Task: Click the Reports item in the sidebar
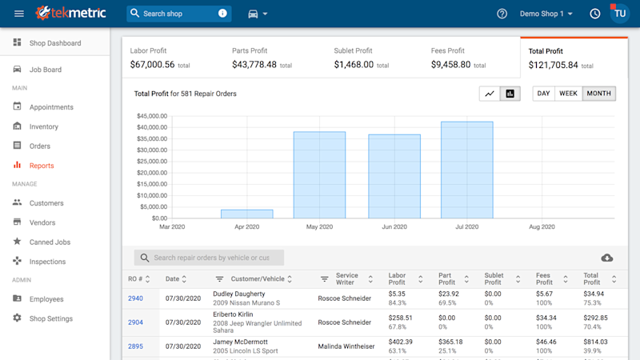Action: (41, 166)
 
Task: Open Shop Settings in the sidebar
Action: (50, 318)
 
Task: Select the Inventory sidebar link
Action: (43, 126)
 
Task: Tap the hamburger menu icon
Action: (19, 14)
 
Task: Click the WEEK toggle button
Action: (568, 94)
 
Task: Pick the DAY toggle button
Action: (544, 94)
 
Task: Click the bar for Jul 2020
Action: (466, 170)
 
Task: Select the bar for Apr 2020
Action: (246, 214)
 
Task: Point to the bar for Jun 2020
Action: (394, 176)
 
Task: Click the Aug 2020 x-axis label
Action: (542, 227)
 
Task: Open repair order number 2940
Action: (135, 298)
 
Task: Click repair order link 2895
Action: (135, 346)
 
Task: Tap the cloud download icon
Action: (606, 258)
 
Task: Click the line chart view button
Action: (489, 94)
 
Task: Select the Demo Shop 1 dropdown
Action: (546, 14)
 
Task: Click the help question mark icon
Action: (502, 14)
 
